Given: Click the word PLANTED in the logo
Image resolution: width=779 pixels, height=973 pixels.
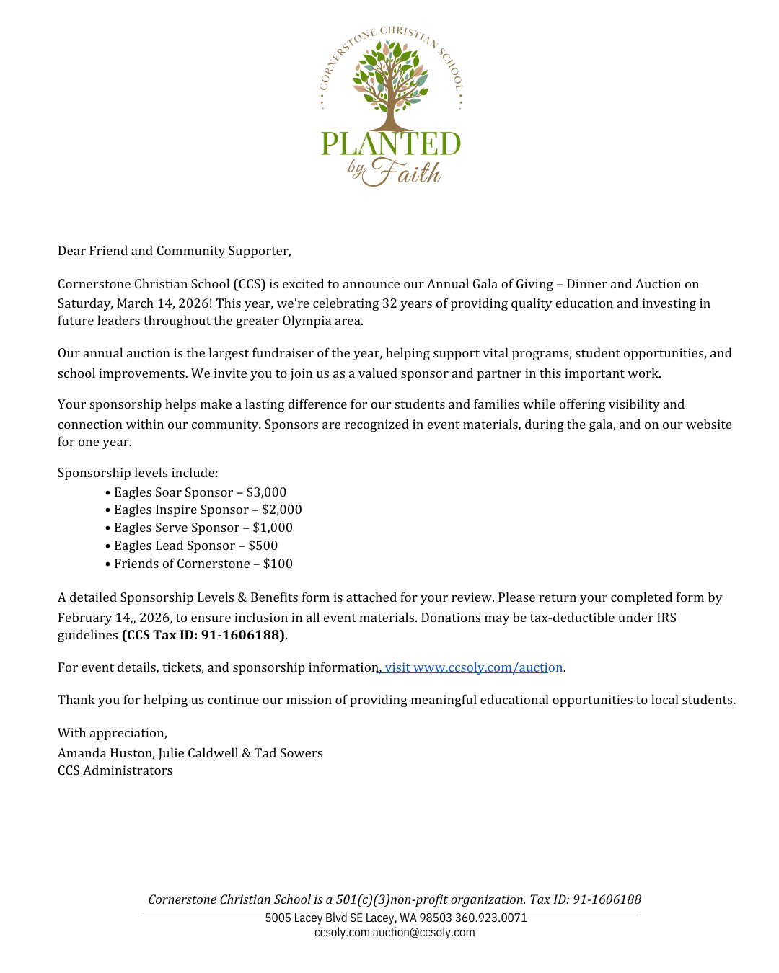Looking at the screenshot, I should click(390, 143).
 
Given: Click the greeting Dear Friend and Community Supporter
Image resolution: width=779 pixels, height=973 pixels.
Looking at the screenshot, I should click(175, 251).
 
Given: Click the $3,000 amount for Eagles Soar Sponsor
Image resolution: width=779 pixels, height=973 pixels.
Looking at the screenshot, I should click(266, 492).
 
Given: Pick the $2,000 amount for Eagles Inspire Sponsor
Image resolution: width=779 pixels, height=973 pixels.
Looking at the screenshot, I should click(281, 510).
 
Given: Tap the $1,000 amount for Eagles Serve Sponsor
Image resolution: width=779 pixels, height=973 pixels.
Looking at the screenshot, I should click(273, 528).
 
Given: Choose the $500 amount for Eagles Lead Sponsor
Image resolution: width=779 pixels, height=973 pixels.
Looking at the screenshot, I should click(263, 546).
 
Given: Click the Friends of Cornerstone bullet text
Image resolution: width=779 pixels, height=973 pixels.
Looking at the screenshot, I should click(182, 564).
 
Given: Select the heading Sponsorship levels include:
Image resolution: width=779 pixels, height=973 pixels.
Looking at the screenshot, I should click(138, 473).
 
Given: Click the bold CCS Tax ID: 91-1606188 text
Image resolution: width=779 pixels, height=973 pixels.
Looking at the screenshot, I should click(203, 635).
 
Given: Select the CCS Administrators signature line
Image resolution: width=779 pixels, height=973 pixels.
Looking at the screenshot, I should click(115, 770).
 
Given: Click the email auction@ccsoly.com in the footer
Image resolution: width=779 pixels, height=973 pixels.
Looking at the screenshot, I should click(423, 932).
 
